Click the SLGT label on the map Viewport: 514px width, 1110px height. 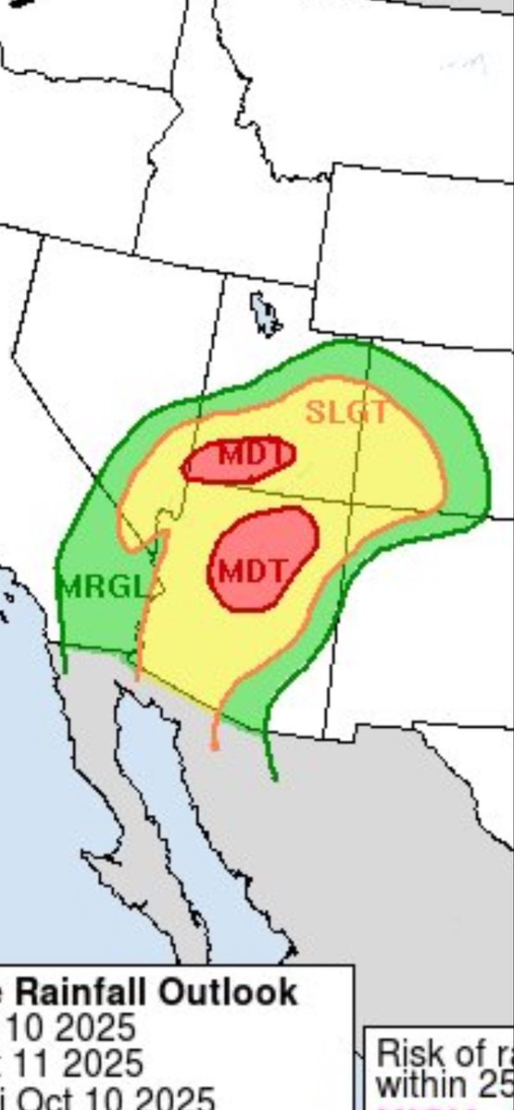pos(346,412)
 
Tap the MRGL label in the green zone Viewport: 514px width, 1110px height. pos(102,586)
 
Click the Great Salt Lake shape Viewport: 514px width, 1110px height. pos(266,315)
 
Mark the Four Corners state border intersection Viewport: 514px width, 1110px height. pos(351,502)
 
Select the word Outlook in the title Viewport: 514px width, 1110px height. pos(229,993)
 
